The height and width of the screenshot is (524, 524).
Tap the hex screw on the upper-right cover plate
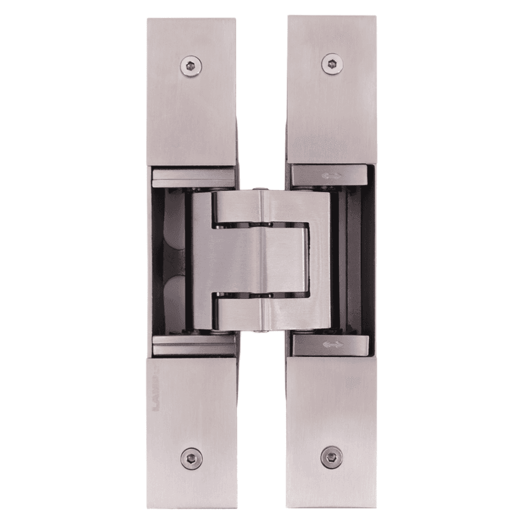coord(331,64)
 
